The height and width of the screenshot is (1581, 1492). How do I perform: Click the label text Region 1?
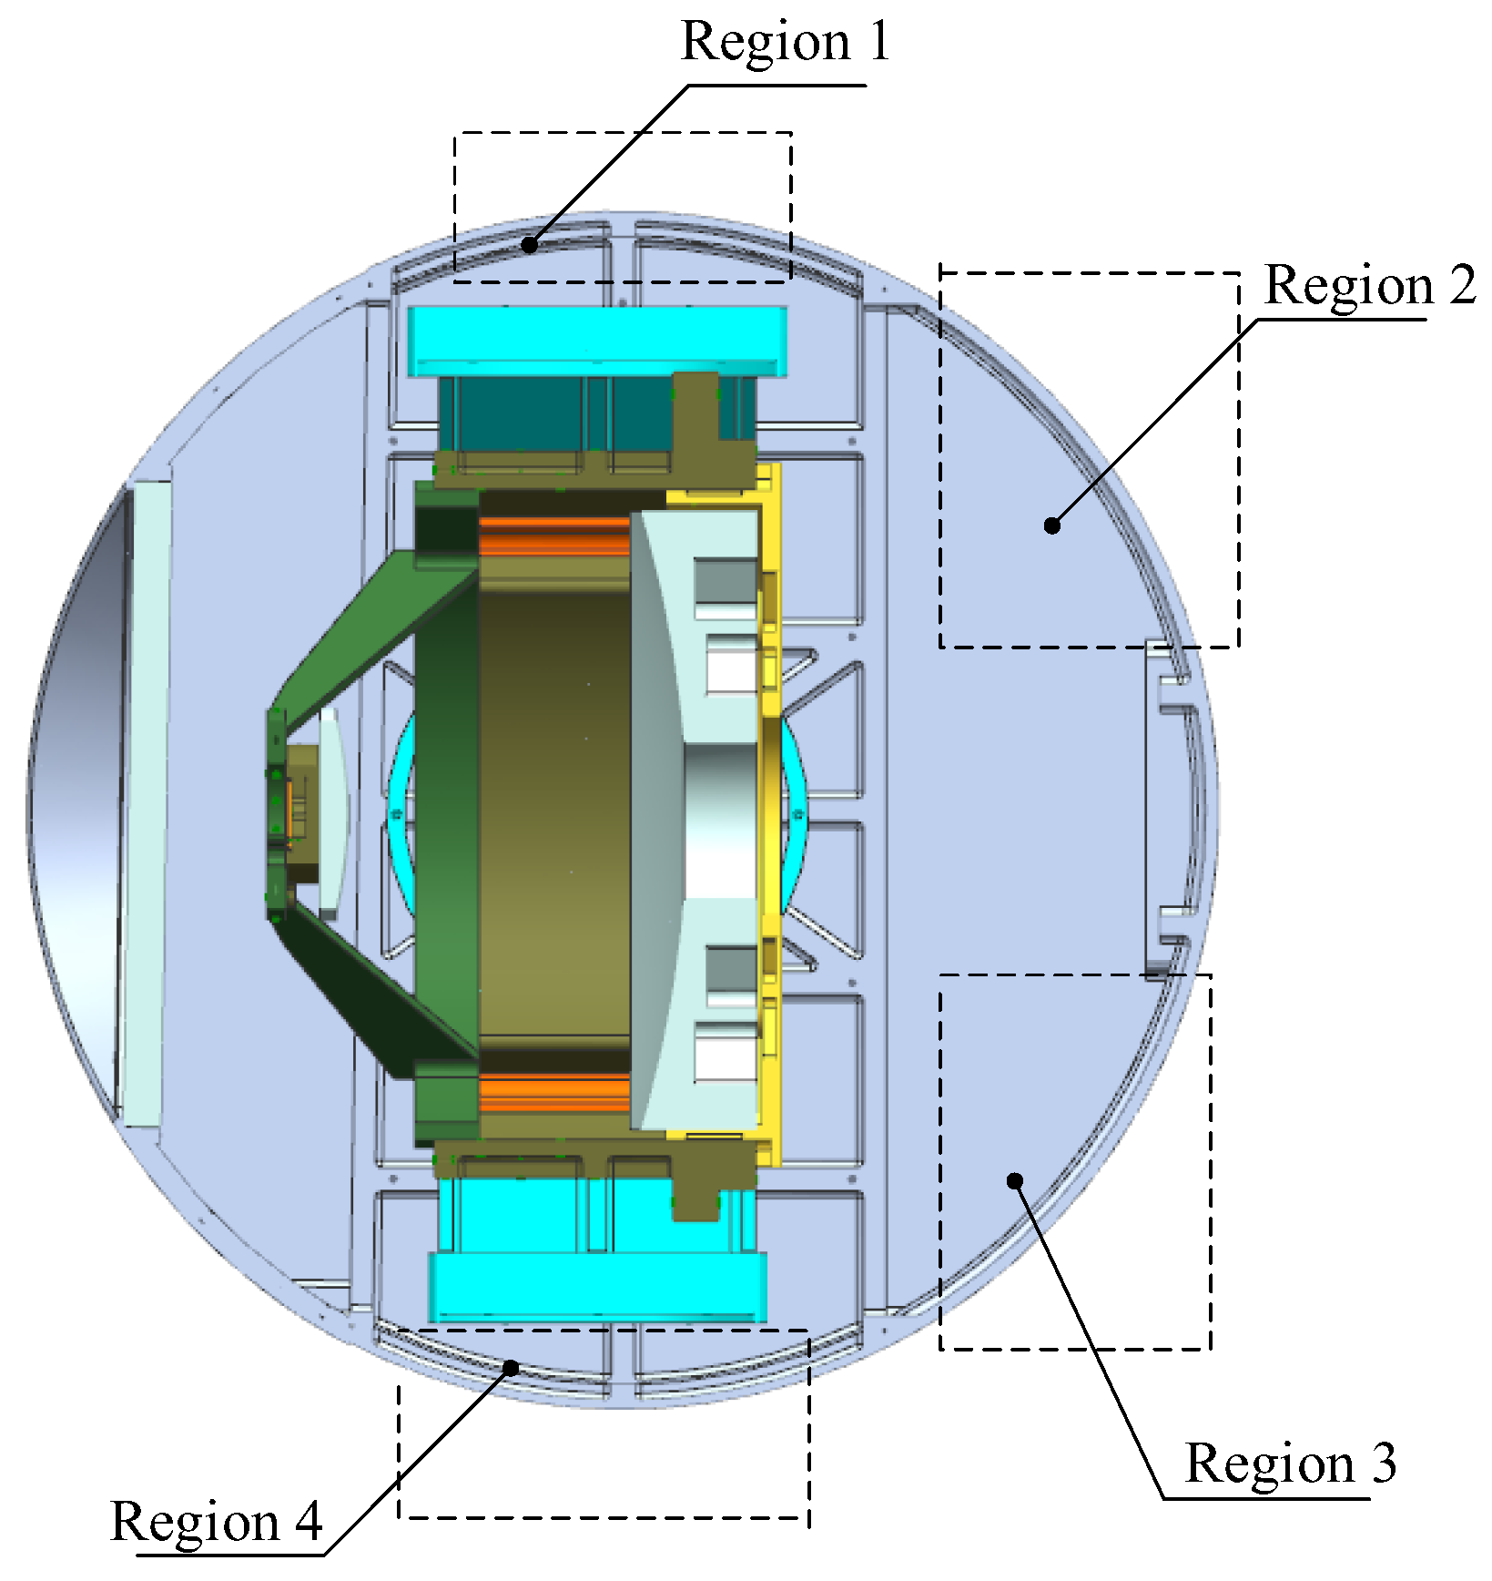coord(785,42)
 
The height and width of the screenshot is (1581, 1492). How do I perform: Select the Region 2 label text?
coord(1370,286)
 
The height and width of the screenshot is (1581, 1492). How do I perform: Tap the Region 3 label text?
coord(1290,1464)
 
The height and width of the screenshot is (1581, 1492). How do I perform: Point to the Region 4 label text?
coord(217,1522)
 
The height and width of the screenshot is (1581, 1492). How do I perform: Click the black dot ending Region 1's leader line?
coord(529,244)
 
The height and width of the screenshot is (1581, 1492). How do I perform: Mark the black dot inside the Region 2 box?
coord(1052,525)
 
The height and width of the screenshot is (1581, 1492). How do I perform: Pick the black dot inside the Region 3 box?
coord(1015,1180)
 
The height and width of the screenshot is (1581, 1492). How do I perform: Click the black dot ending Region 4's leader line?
coord(512,1367)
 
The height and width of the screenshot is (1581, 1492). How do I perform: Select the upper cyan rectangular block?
coord(597,342)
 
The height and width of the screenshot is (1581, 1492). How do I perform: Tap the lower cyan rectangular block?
coord(597,1287)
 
